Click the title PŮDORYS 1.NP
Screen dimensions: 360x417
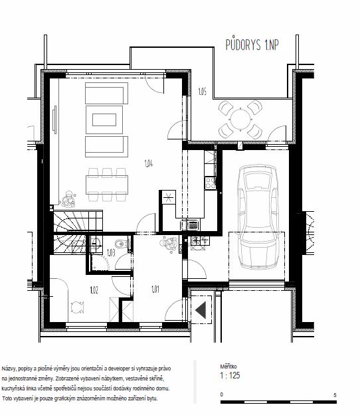252,44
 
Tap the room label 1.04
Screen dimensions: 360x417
149,163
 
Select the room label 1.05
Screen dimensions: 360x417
202,92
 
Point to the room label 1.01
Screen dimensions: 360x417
155,289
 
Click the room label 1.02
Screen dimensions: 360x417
94,290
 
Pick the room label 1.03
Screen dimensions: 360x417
111,252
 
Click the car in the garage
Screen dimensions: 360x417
258,216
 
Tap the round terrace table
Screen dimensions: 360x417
240,120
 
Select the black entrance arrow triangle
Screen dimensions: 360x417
201,310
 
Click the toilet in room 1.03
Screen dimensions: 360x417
121,244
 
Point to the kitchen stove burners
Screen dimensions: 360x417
210,183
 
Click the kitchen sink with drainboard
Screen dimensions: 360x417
189,225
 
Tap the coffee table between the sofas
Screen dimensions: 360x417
104,120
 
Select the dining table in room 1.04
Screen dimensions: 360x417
107,185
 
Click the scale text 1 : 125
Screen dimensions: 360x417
230,375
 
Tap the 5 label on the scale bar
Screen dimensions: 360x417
335,395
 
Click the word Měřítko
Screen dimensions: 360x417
228,367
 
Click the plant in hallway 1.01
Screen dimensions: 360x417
169,244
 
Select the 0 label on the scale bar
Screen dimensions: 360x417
222,394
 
